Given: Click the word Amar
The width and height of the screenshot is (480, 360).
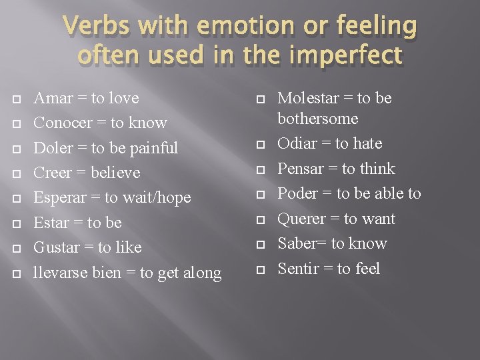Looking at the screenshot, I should pyautogui.click(x=53, y=98).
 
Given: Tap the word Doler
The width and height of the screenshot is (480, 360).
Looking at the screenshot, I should pyautogui.click(x=53, y=147).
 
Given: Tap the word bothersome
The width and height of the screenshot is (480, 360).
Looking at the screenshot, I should pyautogui.click(x=318, y=119).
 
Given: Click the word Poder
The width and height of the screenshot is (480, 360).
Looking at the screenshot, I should pyautogui.click(x=297, y=193).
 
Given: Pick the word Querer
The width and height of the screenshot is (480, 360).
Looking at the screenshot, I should pyautogui.click(x=301, y=219).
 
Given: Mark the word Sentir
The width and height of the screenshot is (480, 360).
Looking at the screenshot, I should pyautogui.click(x=299, y=269).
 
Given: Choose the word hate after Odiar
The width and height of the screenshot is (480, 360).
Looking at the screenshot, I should pyautogui.click(x=367, y=143).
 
